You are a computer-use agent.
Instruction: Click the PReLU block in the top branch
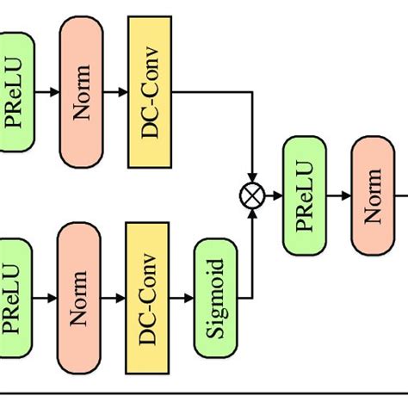point(15,90)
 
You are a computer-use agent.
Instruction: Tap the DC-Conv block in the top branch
point(150,90)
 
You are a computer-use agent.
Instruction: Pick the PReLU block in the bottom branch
point(15,297)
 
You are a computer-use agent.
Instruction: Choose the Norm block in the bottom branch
point(80,297)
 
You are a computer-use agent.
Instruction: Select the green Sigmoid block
point(214,297)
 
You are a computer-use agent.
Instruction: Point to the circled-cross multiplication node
point(252,196)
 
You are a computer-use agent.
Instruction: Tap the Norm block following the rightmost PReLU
point(373,196)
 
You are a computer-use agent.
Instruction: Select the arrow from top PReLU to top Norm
point(46,90)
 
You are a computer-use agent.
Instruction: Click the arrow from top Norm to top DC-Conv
point(115,90)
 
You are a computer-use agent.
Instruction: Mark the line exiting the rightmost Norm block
point(401,196)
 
